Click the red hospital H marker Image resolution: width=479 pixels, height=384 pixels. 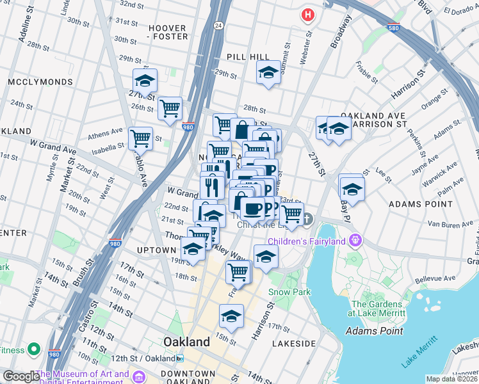tap(309, 14)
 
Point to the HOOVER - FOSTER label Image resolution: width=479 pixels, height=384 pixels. tap(167, 32)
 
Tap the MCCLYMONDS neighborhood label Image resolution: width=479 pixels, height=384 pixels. tap(31, 83)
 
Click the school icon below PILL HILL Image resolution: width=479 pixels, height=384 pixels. tap(268, 73)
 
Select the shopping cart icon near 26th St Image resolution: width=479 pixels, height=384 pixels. tap(170, 109)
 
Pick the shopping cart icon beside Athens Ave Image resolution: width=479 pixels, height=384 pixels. tap(140, 138)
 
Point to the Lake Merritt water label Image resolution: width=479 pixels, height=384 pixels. tap(423, 355)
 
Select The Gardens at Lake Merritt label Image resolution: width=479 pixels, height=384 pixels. tap(378, 309)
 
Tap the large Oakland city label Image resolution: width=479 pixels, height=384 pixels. tap(186, 342)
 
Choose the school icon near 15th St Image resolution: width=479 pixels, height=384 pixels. tap(231, 316)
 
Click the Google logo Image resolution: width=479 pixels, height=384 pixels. tap(20, 376)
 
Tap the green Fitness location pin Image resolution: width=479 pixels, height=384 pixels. tap(34, 350)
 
